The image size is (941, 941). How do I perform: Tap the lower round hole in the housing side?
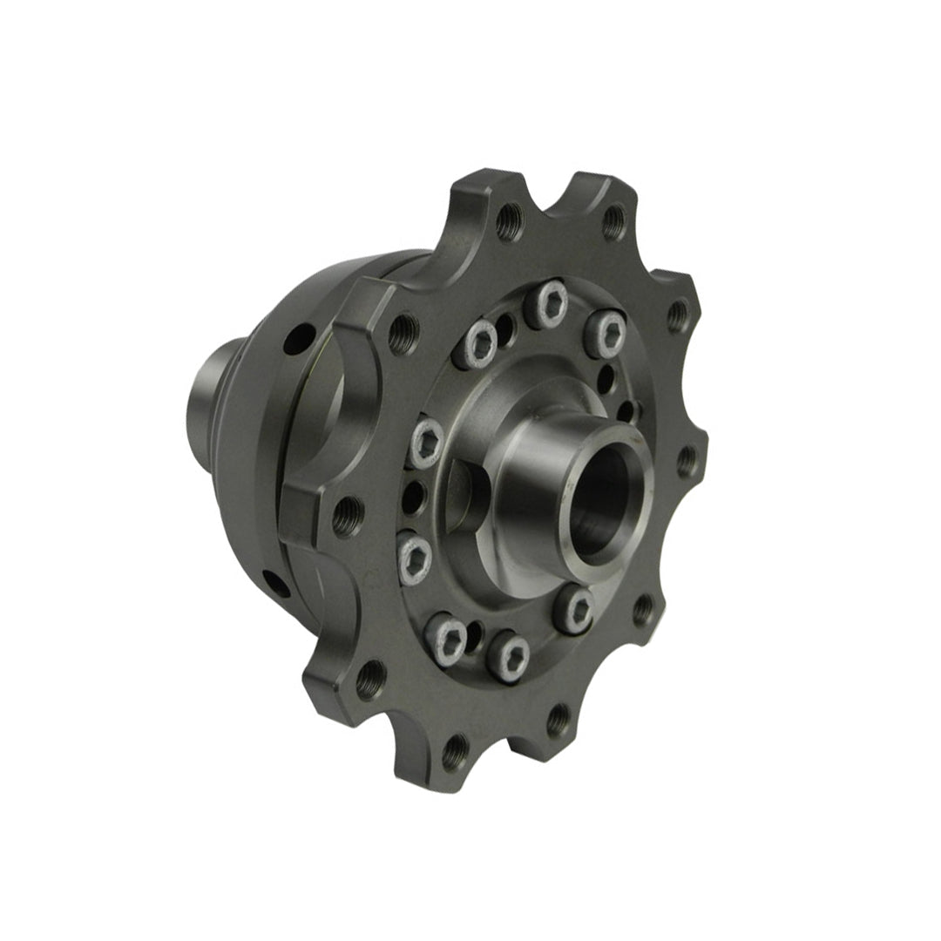coord(277,584)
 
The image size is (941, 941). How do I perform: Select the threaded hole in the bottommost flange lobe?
coord(455,751)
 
